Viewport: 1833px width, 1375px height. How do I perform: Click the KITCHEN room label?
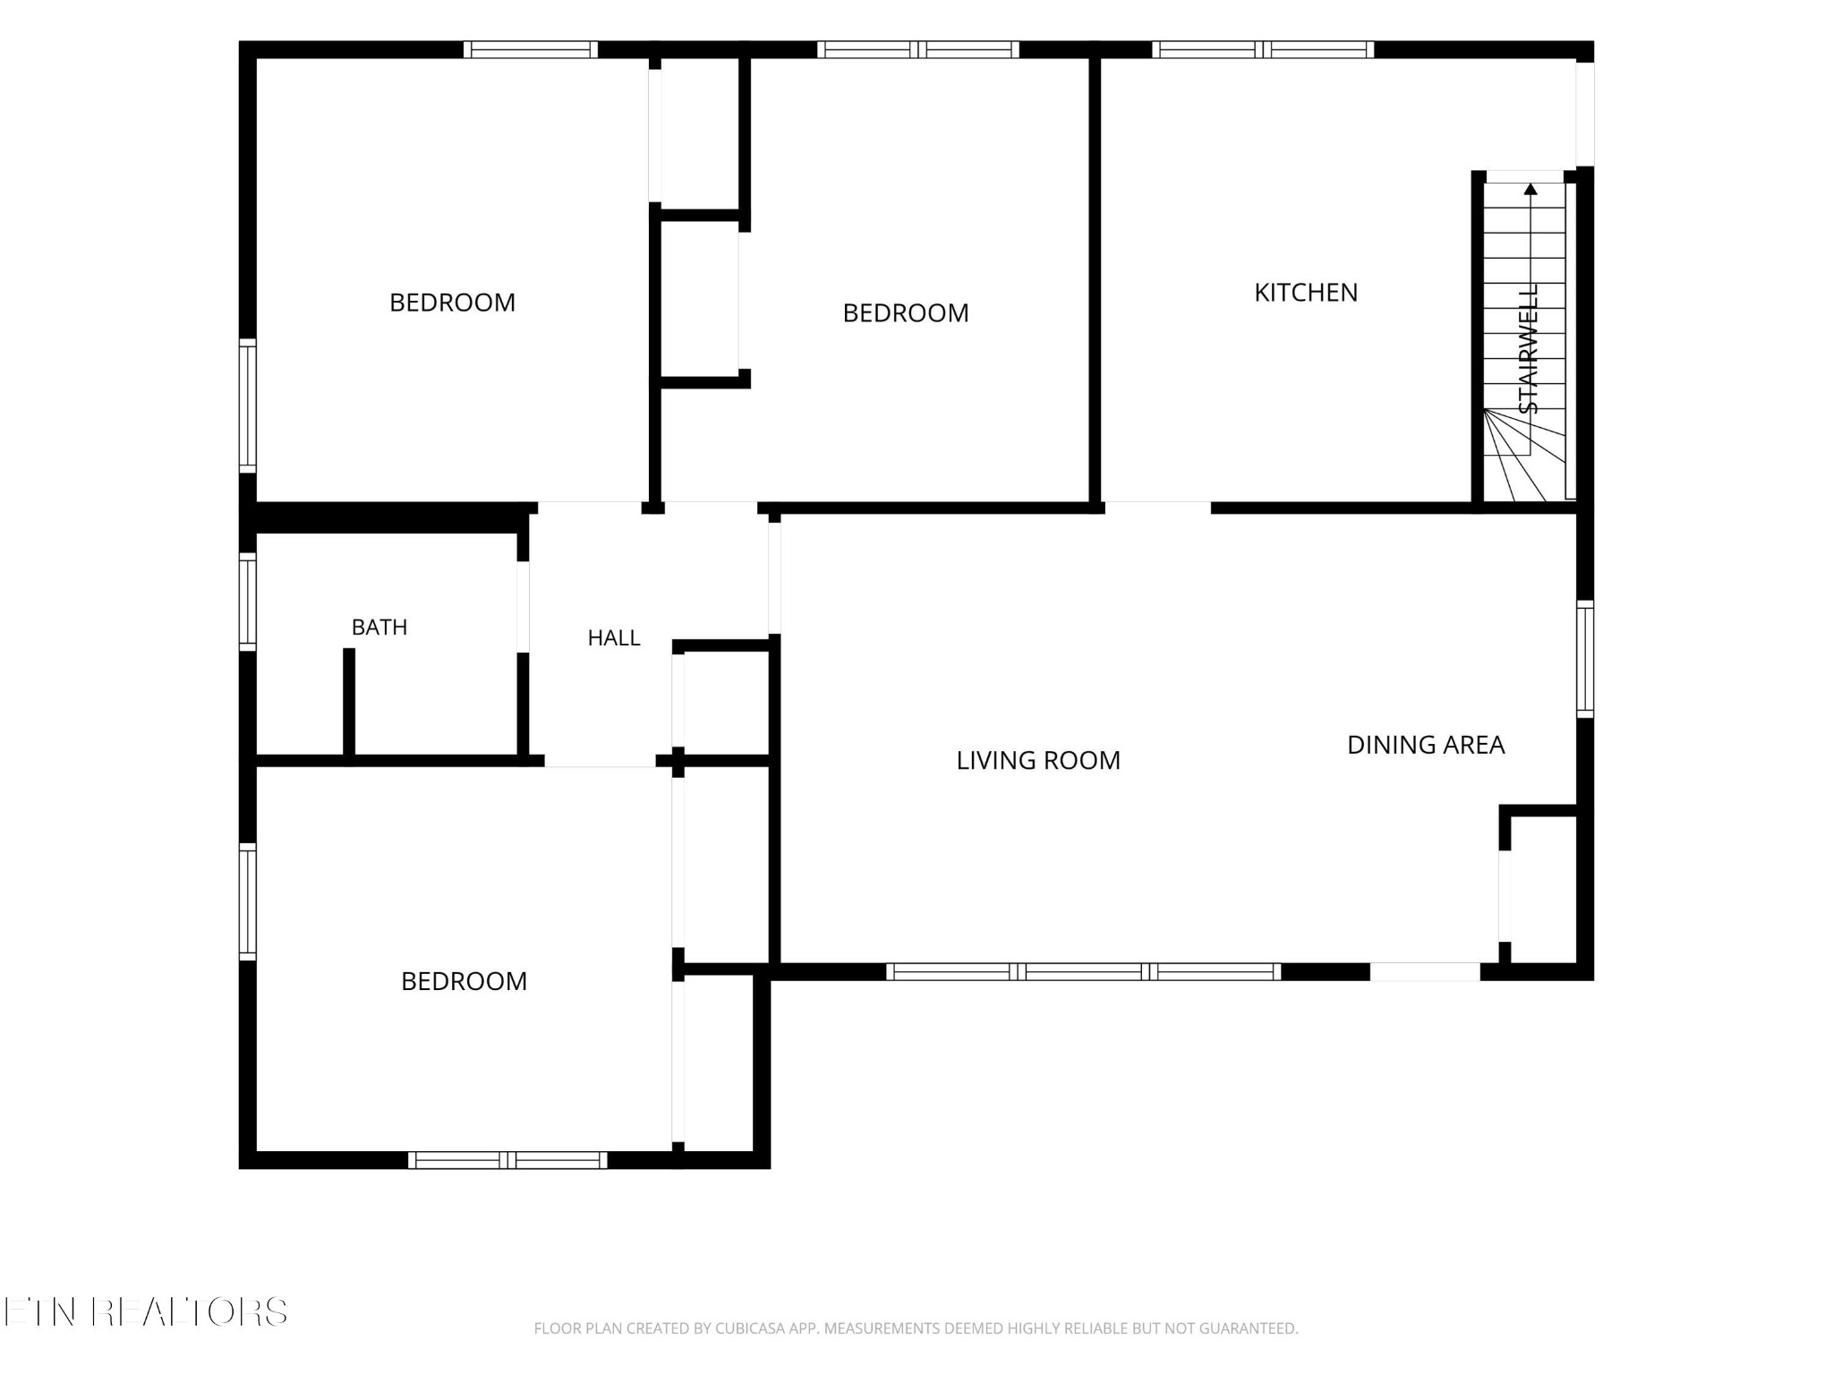[1306, 293]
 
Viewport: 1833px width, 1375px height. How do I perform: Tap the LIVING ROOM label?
[1038, 761]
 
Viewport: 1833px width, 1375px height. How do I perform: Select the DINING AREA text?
[1426, 745]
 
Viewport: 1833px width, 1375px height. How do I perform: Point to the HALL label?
[614, 638]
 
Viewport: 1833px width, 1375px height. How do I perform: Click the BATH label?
[379, 628]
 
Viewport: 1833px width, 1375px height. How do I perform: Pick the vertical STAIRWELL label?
[1529, 349]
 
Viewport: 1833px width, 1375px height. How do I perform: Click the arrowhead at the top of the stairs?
[1530, 189]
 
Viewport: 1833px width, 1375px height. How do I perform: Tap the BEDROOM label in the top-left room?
[452, 303]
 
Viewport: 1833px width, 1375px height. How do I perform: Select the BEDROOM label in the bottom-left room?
[464, 981]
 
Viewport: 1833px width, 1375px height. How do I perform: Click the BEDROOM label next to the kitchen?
[906, 313]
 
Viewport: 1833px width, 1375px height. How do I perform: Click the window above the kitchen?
[1263, 50]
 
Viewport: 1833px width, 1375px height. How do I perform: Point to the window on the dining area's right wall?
[1585, 660]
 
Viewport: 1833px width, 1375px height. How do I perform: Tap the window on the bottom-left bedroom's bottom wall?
[507, 1160]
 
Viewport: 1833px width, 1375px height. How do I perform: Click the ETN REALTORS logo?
[145, 1312]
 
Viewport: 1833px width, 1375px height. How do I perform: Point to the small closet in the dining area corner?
[1541, 890]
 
